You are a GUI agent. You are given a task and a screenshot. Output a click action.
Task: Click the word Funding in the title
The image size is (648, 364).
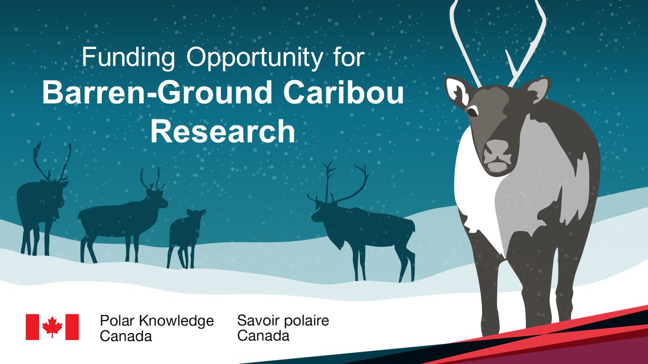point(129,58)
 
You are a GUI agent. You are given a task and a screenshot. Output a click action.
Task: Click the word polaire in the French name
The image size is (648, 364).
point(305,321)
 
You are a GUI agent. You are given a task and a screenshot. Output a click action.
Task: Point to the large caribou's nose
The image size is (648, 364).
point(496,150)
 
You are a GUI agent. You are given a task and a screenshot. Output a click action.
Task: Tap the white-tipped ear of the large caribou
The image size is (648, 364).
point(457,90)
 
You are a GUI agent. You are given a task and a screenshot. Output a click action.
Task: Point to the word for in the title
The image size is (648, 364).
point(346,58)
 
